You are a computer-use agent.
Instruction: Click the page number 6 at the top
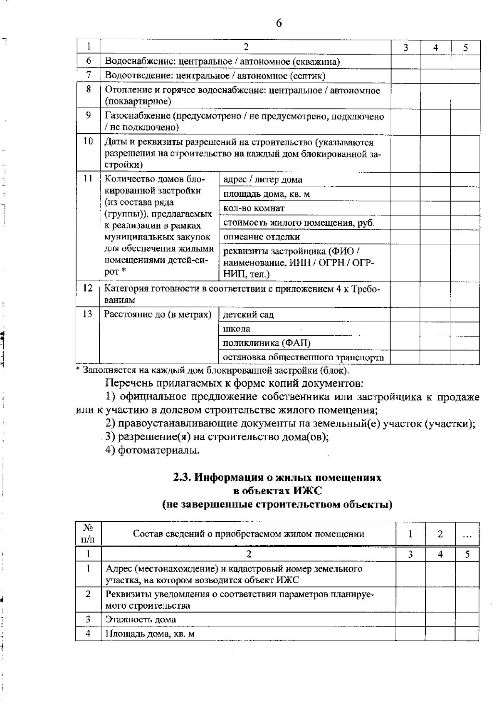[x=279, y=23]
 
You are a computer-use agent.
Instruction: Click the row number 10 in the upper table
[x=88, y=141]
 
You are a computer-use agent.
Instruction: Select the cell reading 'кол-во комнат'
[x=254, y=208]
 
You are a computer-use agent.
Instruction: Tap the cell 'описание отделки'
[x=262, y=237]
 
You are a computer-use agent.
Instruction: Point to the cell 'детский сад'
[x=249, y=315]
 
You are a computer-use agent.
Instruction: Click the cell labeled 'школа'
[x=237, y=329]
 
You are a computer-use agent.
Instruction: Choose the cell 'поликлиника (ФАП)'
[x=267, y=343]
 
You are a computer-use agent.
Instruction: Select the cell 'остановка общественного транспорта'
[x=304, y=357]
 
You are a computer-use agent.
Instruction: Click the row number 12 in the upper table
[x=88, y=288]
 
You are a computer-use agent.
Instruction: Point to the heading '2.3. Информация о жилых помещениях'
[x=277, y=478]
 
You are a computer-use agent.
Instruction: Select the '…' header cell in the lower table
[x=467, y=534]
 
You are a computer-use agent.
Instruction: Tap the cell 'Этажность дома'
[x=141, y=619]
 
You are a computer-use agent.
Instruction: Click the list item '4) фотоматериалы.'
[x=153, y=450]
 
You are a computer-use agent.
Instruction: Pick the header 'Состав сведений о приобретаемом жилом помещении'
[x=248, y=534]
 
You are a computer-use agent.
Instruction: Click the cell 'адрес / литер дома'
[x=263, y=180]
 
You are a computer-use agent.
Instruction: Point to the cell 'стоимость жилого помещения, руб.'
[x=299, y=223]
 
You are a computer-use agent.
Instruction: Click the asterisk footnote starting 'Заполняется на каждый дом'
[x=213, y=370]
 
